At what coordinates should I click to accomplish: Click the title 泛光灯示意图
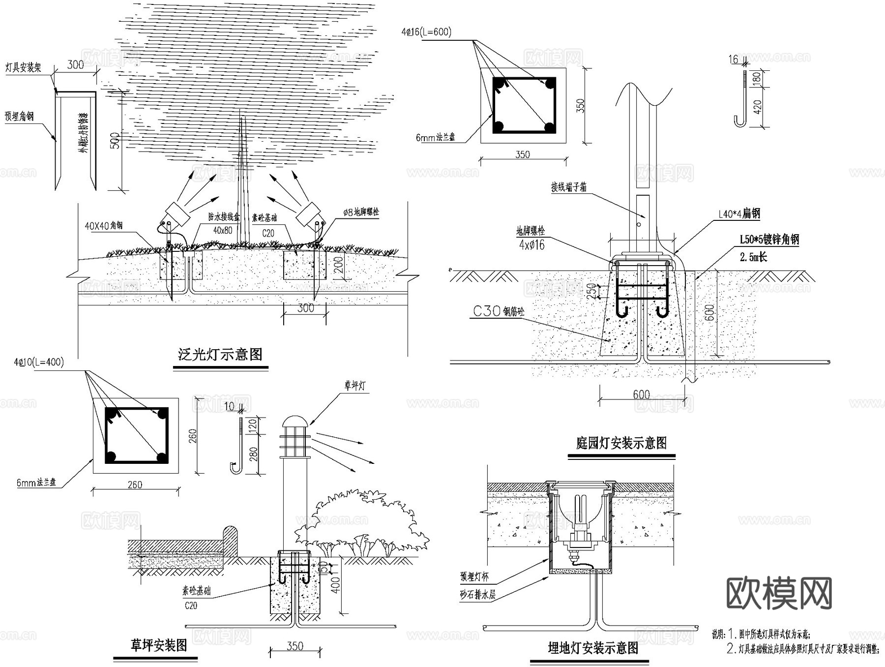220,355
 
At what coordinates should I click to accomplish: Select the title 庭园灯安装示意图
621,443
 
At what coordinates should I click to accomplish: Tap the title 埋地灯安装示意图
593,648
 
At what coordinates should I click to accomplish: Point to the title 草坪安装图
158,645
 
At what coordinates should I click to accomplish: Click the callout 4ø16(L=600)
426,32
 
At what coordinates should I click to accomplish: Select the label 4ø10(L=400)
39,363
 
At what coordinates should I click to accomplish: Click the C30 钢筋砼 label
498,311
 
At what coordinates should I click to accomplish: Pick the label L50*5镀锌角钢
769,240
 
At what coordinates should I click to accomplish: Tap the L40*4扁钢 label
739,213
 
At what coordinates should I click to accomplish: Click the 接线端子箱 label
568,187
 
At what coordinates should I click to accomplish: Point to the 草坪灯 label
354,386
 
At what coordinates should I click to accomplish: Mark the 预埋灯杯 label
474,576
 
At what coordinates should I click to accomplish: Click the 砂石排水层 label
477,595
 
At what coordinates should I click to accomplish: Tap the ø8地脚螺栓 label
361,212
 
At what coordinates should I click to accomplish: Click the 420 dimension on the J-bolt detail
757,107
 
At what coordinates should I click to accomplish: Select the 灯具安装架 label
23,67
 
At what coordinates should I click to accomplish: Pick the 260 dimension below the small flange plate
135,485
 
